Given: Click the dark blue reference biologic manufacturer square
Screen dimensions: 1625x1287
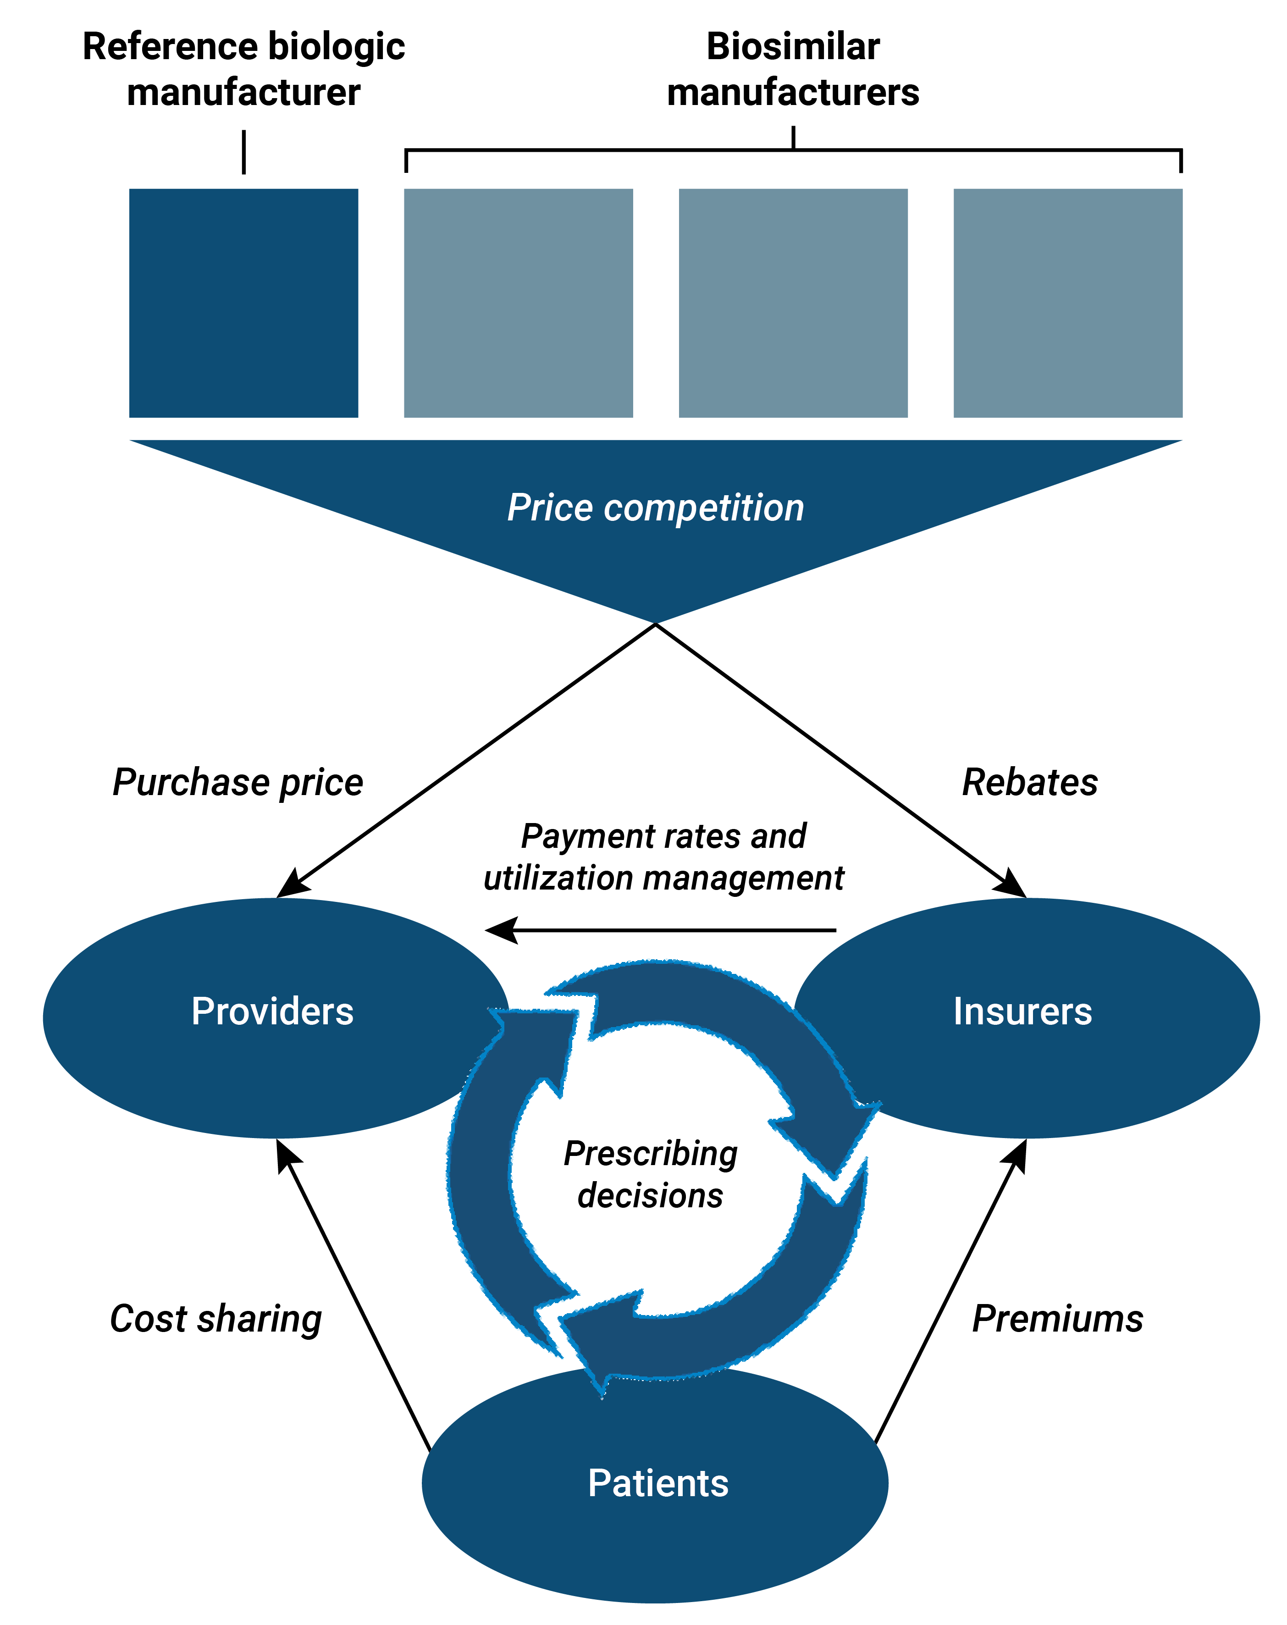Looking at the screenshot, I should pyautogui.click(x=243, y=303).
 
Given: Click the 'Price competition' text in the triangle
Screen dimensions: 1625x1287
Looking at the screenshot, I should pyautogui.click(x=656, y=508).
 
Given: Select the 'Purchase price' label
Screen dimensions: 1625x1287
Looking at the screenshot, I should pyautogui.click(x=238, y=782).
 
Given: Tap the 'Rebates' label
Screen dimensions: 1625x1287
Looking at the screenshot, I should pyautogui.click(x=1030, y=782).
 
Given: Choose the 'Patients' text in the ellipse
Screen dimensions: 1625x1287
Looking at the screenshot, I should pyautogui.click(x=658, y=1483).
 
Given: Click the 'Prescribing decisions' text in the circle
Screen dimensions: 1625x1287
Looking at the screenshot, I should pyautogui.click(x=650, y=1174).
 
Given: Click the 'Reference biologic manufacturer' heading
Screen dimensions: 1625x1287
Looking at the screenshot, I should pyautogui.click(x=243, y=69).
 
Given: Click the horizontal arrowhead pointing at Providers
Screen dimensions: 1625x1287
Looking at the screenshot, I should pyautogui.click(x=499, y=930).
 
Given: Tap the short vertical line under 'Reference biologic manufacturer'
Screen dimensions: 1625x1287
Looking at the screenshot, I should pyautogui.click(x=243, y=152).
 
